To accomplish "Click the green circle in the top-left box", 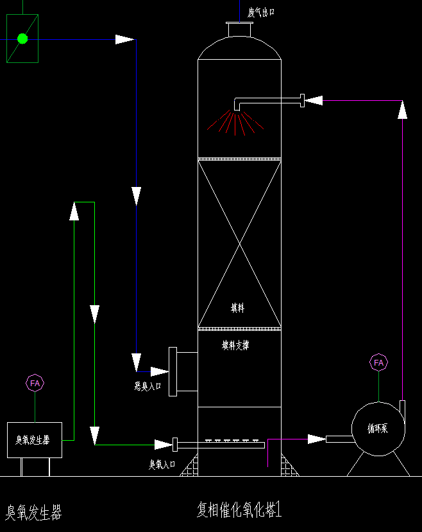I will [x=22, y=39].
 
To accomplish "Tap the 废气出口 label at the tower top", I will [x=261, y=12].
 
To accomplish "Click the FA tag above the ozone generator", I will [x=35, y=383].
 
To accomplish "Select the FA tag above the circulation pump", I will [x=378, y=362].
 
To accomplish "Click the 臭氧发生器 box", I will [x=34, y=440].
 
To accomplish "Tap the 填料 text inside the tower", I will [x=238, y=308].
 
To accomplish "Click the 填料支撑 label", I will [x=235, y=345].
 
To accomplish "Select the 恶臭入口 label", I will [x=148, y=387].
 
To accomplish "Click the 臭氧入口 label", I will [x=162, y=464].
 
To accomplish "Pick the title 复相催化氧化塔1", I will [x=239, y=510].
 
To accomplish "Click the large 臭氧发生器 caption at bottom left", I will [x=34, y=512].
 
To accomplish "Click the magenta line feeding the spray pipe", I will [x=362, y=100].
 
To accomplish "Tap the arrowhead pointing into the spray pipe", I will [x=314, y=100].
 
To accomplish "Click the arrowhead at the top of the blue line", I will [x=124, y=40].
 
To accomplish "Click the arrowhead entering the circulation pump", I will [x=317, y=439].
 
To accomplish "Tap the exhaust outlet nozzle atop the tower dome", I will [x=239, y=30].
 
